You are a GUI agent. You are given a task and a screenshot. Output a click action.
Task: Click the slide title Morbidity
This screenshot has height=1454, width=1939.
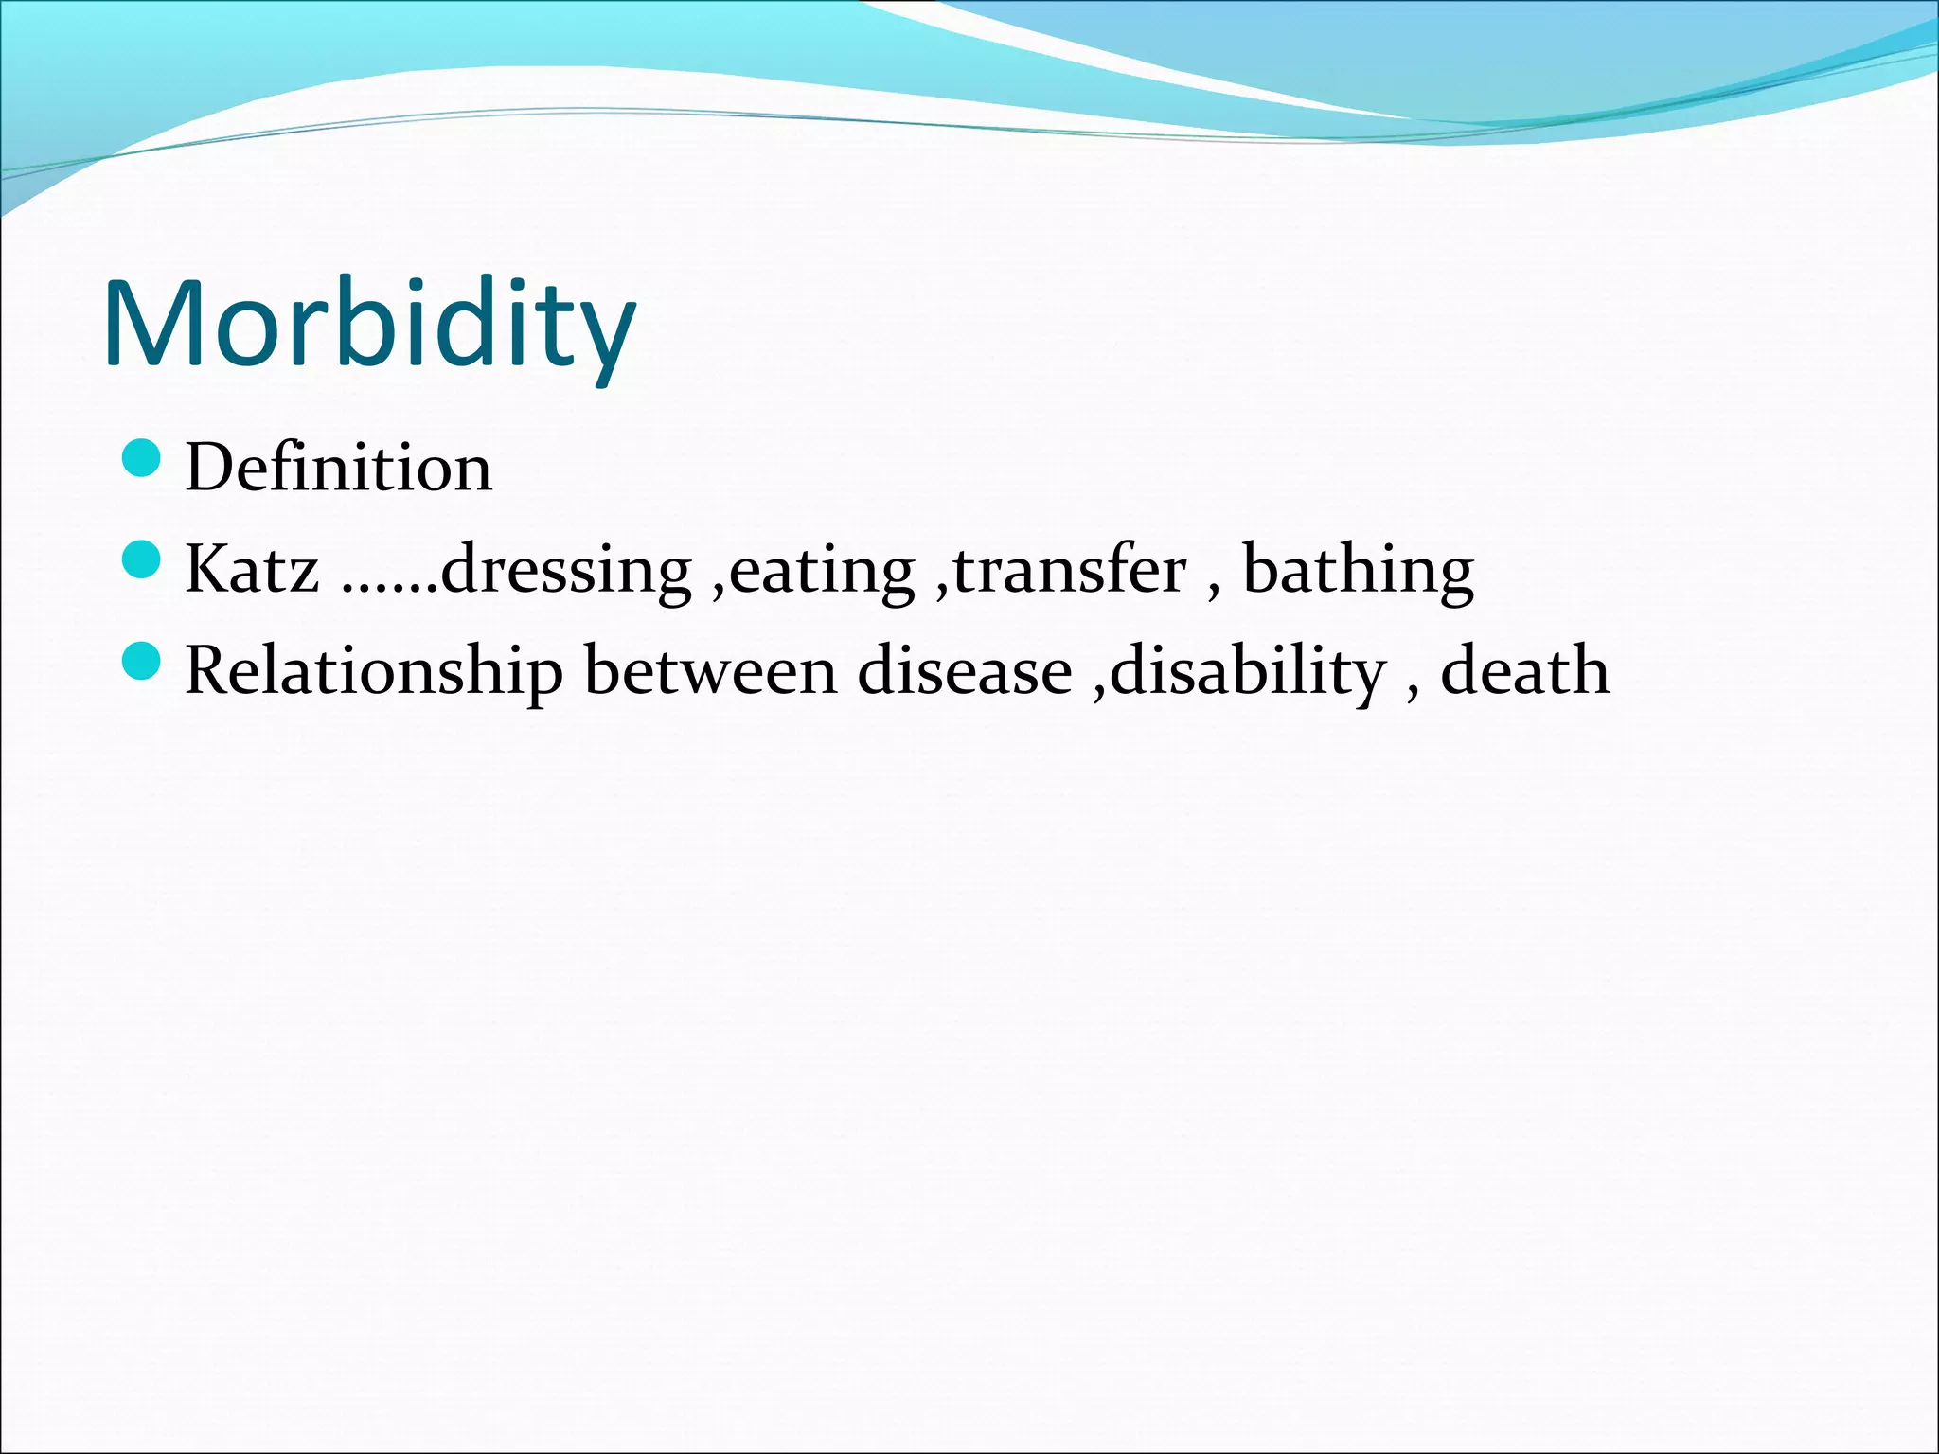click(x=369, y=324)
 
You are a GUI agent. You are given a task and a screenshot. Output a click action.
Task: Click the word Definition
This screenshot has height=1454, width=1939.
click(x=338, y=468)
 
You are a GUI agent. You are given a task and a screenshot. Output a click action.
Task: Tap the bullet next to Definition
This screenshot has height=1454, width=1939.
click(x=142, y=458)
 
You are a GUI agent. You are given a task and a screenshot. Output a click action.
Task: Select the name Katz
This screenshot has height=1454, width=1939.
click(x=252, y=570)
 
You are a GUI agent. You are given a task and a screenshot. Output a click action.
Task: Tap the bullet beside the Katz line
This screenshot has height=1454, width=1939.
click(x=142, y=559)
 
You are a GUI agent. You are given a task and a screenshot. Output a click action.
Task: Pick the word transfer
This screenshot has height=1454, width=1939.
click(x=1070, y=570)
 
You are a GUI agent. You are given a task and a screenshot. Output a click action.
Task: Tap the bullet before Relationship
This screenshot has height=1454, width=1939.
click(x=142, y=661)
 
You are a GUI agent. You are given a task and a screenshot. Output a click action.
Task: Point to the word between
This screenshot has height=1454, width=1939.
click(x=710, y=671)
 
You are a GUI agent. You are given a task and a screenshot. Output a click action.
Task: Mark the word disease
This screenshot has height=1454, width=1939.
click(x=965, y=671)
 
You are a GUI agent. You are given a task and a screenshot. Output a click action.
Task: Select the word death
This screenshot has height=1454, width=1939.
click(x=1524, y=671)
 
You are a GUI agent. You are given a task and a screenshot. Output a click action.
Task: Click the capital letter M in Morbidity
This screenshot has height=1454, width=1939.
click(x=151, y=324)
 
